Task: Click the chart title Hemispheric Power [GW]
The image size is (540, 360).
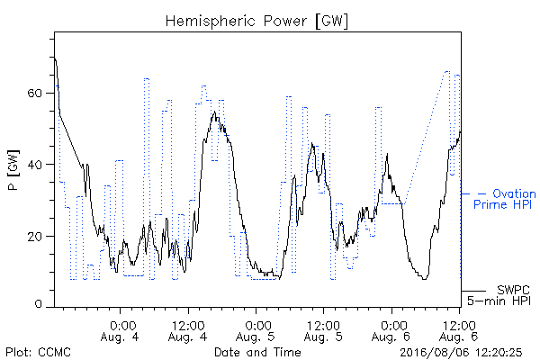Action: point(256,22)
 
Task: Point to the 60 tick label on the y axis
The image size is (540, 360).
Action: point(34,94)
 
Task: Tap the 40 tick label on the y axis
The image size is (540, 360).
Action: point(34,165)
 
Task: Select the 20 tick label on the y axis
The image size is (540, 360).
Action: point(34,237)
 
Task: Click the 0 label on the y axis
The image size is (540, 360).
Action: point(39,304)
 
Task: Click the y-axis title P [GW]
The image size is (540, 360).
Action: point(13,170)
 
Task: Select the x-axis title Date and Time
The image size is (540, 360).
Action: point(257,352)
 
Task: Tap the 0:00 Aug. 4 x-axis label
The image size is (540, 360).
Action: point(120,331)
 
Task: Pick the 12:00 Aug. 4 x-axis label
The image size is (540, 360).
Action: point(188,331)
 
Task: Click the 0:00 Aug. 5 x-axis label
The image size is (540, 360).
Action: point(256,331)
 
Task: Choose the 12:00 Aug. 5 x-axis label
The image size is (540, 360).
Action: point(323,331)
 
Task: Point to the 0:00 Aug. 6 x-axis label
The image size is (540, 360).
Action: point(391,331)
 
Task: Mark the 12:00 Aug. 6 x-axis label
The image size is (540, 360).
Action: point(459,331)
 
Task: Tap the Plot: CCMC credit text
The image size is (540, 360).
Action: point(38,352)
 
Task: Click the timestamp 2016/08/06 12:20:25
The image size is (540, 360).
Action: point(461,352)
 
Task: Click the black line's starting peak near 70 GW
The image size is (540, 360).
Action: point(55,58)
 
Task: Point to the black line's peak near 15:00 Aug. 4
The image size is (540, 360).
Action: point(215,112)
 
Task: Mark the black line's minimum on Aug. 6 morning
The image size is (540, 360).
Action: point(425,279)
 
